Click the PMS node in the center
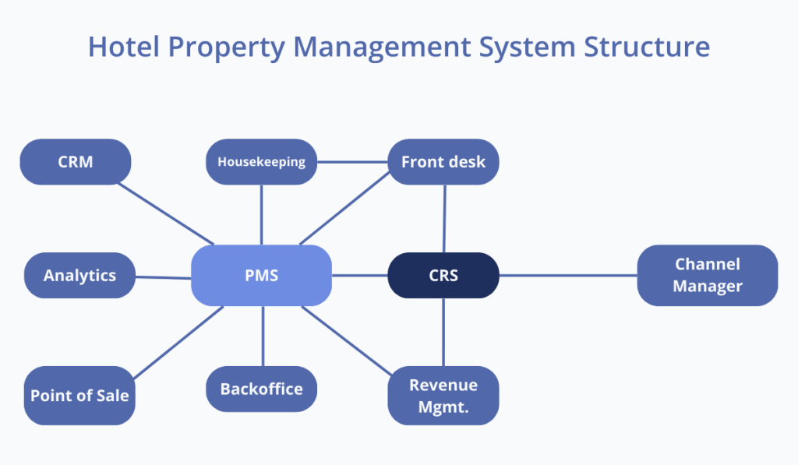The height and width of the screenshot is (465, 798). point(261,275)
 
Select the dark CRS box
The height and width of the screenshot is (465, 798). point(443,275)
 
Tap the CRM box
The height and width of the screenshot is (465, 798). point(75,162)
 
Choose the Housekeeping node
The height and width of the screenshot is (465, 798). point(261,162)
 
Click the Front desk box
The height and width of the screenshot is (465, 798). point(443,162)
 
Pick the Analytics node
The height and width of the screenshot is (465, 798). point(79,275)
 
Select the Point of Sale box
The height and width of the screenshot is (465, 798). point(79,395)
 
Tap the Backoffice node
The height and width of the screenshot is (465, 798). point(261,389)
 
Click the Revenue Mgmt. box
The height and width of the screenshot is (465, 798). point(443,395)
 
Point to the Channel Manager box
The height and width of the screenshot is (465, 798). point(707,275)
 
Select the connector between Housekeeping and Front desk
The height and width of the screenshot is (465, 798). point(352,162)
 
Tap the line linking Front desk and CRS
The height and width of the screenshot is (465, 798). point(444,218)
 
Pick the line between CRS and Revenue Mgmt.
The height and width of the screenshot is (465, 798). point(443,332)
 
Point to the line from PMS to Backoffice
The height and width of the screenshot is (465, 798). point(263,336)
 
